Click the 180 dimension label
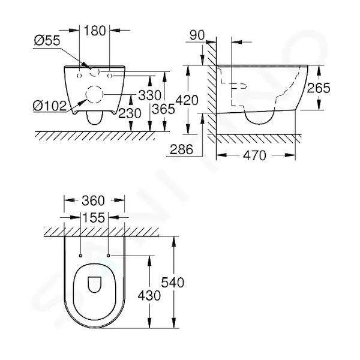[95, 31]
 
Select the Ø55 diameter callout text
[47, 40]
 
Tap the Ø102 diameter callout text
[50, 106]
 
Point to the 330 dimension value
[149, 95]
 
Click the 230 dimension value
[130, 113]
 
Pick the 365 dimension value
[163, 109]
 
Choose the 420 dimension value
[187, 100]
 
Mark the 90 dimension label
[197, 35]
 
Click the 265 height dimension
[319, 88]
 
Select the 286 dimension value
[181, 149]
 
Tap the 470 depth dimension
[254, 155]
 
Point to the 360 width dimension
[93, 200]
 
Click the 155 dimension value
[94, 217]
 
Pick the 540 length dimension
[172, 283]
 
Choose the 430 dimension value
[149, 295]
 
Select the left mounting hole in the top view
[80, 256]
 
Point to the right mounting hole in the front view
[110, 76]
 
